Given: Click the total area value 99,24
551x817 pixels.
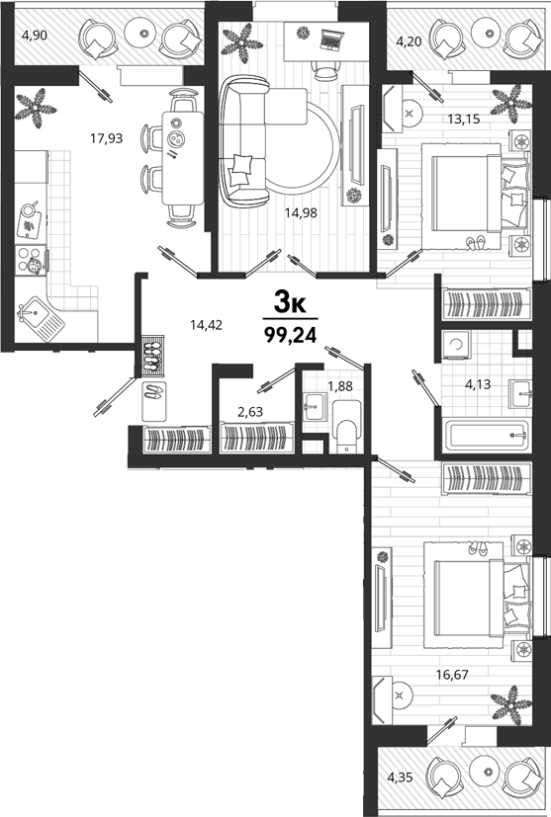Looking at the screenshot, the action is (x=291, y=335).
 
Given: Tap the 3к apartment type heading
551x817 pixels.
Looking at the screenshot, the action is (x=290, y=302).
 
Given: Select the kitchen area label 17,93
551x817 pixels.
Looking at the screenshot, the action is (x=107, y=138).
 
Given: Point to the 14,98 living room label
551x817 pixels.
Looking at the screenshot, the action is (x=301, y=212).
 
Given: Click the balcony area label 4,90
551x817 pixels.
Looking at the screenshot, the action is (x=35, y=36).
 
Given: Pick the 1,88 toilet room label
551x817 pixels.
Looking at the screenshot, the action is (x=339, y=386).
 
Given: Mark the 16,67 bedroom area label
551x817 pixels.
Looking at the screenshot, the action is (x=452, y=675).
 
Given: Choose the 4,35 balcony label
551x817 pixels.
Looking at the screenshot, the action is (x=400, y=777).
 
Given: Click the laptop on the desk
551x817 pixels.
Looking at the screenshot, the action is (x=330, y=40).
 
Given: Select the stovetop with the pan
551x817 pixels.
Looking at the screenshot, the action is (x=31, y=260).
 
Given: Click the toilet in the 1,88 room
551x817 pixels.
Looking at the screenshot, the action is (x=346, y=427).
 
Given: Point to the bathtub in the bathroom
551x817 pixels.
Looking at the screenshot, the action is (x=486, y=434).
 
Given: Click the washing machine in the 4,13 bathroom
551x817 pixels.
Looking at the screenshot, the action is (x=455, y=345).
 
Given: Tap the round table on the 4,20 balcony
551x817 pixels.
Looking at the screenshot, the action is (x=489, y=33).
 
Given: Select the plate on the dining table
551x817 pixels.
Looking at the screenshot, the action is (x=177, y=139).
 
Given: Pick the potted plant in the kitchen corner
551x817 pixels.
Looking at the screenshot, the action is (x=36, y=108).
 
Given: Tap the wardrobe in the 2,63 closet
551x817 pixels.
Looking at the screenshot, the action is (x=256, y=438).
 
